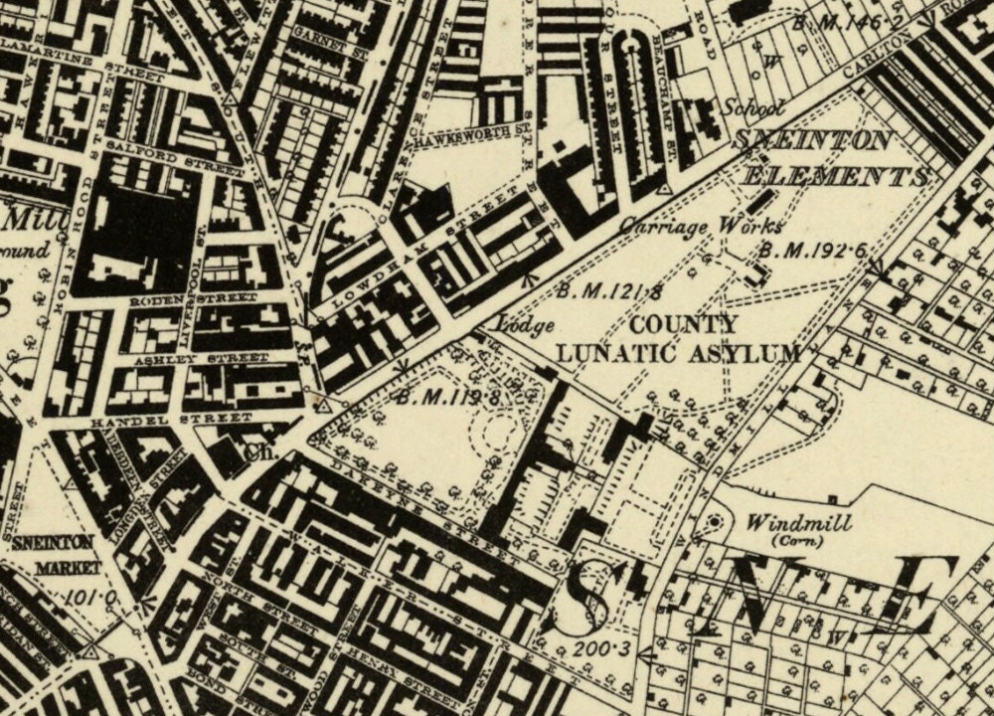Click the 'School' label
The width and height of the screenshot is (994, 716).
tap(752, 108)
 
